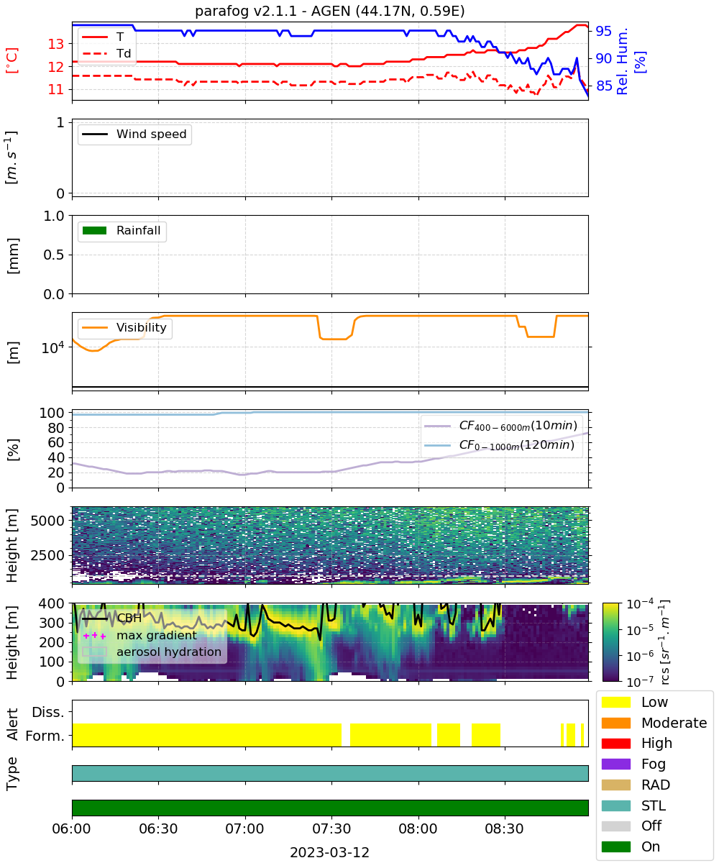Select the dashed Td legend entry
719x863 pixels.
pos(106,53)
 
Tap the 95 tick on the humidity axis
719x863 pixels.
pos(603,31)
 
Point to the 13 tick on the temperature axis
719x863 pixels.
pos(56,44)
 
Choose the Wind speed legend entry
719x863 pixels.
pos(134,134)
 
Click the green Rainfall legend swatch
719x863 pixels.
pos(95,230)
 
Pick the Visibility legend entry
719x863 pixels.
pos(124,327)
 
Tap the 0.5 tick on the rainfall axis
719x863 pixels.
pos(54,255)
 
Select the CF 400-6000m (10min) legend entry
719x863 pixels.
pos(500,425)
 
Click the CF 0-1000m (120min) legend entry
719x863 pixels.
pos(499,444)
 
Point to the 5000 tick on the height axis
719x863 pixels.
pos(47,521)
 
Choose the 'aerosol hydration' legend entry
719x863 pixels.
pos(152,652)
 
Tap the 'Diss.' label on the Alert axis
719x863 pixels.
pos(48,712)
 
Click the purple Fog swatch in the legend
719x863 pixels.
pos(615,764)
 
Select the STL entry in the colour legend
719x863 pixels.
pos(633,805)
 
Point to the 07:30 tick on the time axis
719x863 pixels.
pos(331,828)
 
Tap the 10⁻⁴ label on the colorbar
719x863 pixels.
pos(640,604)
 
